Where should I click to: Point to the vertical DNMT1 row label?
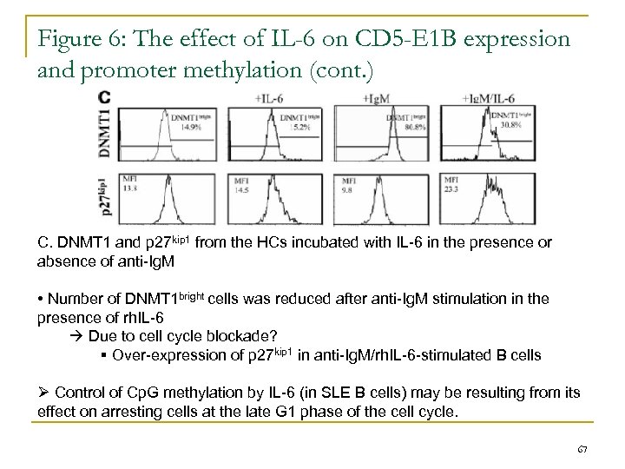point(105,133)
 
